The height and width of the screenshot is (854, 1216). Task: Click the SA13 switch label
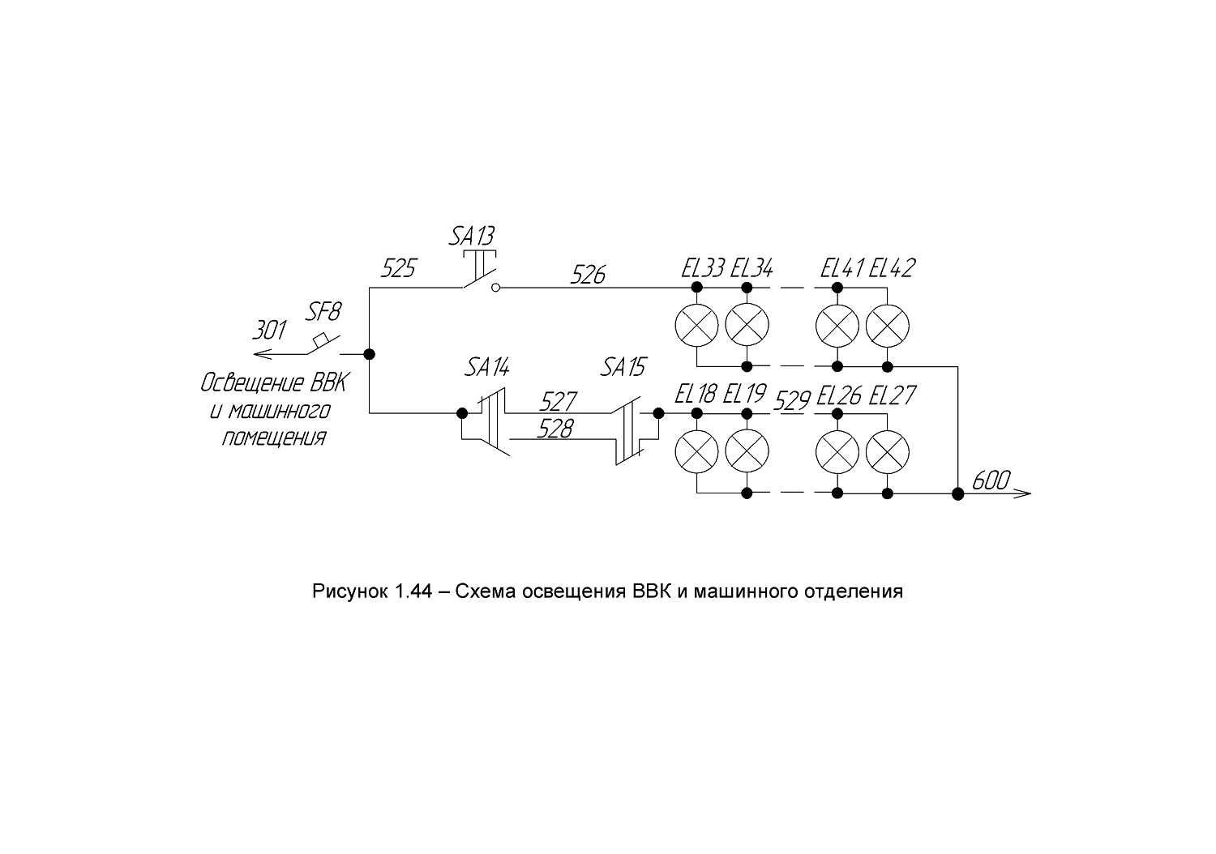coord(472,237)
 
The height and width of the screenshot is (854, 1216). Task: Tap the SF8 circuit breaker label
coord(323,312)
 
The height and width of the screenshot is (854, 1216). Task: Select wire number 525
coord(399,268)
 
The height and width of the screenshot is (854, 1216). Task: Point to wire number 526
coord(588,275)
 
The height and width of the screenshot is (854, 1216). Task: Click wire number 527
coord(558,402)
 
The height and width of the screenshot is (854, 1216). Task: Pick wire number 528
coord(555,429)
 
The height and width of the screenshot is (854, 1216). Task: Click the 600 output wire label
coord(991,480)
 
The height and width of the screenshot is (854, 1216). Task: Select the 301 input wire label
coord(269,331)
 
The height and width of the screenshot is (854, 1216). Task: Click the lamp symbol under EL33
coord(696,326)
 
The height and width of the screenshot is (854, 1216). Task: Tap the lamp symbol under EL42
coord(887,326)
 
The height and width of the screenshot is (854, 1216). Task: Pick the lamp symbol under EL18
coord(696,452)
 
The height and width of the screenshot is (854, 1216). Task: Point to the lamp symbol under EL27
coord(887,452)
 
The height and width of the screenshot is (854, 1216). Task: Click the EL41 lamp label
coord(842,268)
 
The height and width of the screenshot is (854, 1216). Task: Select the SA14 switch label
coord(487,368)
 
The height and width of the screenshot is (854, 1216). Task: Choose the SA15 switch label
coord(623,368)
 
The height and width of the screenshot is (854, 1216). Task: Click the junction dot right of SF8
coord(369,354)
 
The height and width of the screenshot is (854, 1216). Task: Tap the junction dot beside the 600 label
coord(957,493)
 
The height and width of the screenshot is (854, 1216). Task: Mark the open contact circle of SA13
coord(495,288)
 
